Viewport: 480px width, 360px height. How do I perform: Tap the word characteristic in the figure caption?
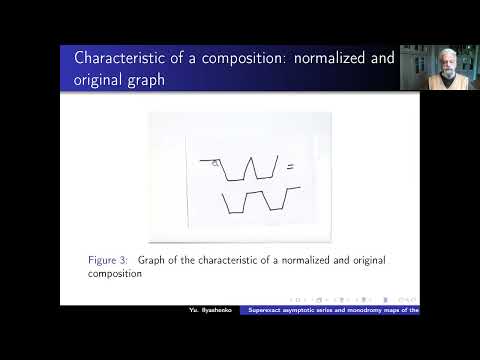[x=227, y=260]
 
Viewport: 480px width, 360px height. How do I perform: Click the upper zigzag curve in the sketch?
[x=245, y=168]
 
